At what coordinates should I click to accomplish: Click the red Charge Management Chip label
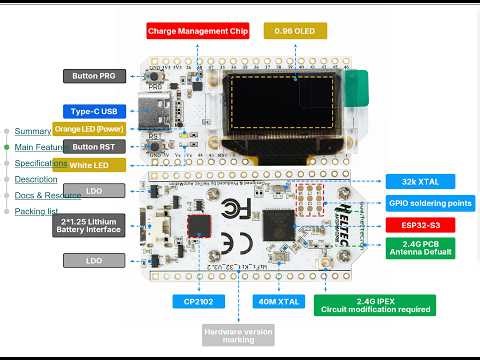(196, 31)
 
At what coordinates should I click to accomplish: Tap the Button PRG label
(94, 76)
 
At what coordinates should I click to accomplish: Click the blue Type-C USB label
(94, 111)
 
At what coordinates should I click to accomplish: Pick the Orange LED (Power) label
(88, 129)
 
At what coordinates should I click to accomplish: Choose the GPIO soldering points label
(431, 203)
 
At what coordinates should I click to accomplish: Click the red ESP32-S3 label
(420, 225)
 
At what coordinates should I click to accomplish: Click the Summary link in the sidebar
(33, 131)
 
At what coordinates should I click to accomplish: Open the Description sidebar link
(36, 179)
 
